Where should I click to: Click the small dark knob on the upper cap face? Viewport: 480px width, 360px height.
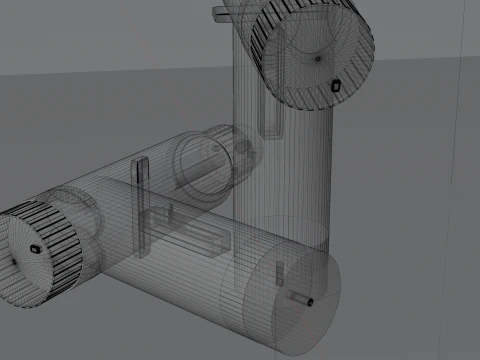pyautogui.click(x=336, y=85)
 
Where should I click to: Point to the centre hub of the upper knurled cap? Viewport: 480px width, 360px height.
pyautogui.click(x=319, y=58)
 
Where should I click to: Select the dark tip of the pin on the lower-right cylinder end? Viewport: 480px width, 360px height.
pyautogui.click(x=310, y=301)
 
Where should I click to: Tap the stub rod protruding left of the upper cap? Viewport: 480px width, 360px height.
pyautogui.click(x=222, y=13)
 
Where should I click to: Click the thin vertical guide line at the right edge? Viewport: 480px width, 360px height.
pyautogui.click(x=460, y=200)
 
